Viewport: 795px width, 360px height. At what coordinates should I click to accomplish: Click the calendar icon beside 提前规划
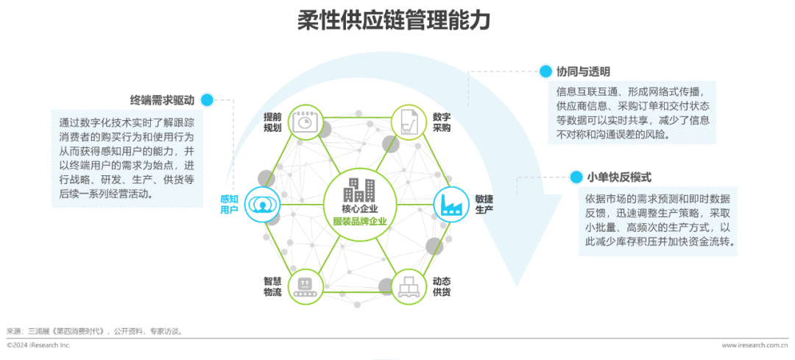[305, 122]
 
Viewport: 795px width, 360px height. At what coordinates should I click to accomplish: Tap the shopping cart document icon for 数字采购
[407, 122]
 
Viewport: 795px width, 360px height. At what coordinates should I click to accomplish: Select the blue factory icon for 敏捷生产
[449, 203]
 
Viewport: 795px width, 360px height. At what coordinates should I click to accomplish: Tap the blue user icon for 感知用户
[260, 203]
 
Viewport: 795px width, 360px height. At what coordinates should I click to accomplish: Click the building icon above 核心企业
[358, 191]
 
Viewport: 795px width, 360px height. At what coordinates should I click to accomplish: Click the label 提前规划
[272, 123]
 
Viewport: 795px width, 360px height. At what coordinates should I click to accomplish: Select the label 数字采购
[442, 122]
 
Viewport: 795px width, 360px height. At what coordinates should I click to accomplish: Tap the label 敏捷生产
[484, 204]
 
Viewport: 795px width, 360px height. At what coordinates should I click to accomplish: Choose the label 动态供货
[442, 286]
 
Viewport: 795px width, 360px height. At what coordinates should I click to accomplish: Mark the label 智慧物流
[272, 286]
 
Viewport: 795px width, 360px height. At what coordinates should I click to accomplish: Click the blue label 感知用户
[229, 204]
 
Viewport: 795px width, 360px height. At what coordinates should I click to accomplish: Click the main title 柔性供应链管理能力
[394, 21]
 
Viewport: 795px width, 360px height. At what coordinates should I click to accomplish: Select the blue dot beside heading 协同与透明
[545, 71]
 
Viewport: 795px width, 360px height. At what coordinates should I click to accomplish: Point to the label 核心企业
[358, 209]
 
